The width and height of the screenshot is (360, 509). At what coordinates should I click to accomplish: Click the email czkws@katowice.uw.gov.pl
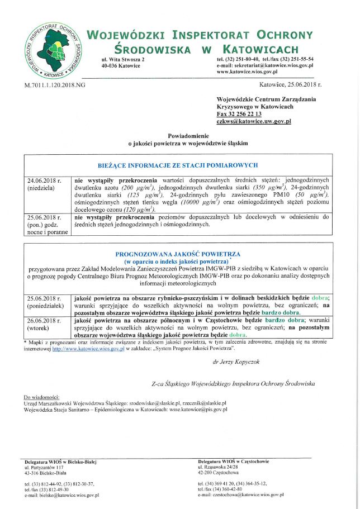[253, 121]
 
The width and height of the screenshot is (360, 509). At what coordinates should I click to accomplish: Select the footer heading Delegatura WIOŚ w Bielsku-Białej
[61, 462]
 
